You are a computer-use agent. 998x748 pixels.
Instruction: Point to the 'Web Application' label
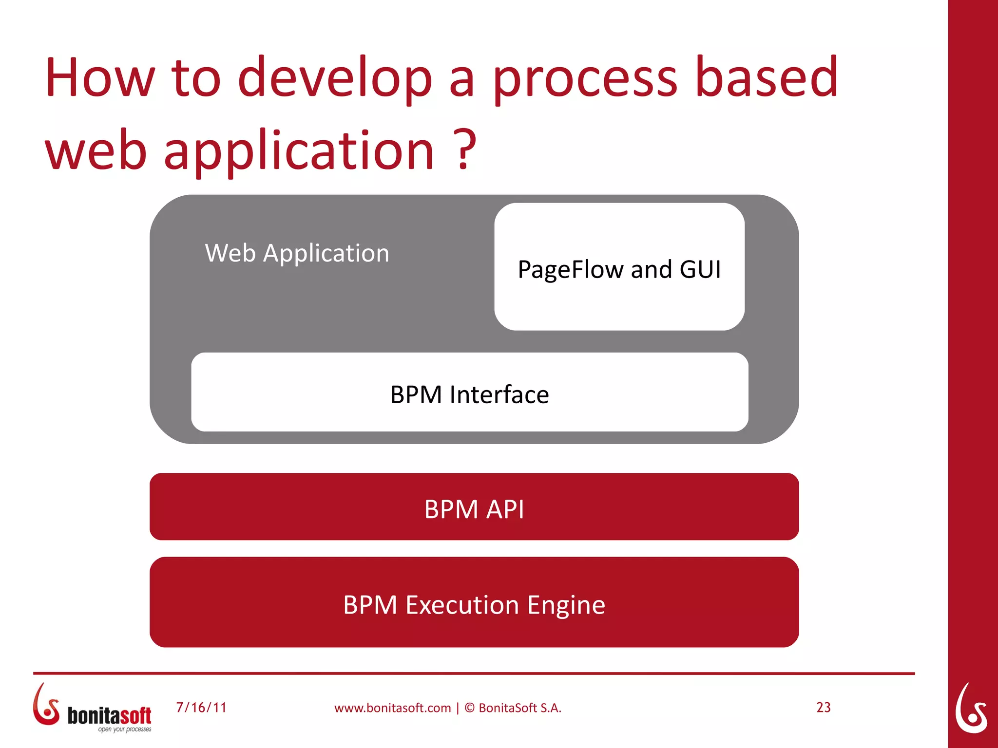(x=297, y=253)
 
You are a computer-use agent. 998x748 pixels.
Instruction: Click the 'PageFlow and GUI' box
(x=619, y=267)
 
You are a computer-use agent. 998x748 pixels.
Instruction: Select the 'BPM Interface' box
(x=469, y=393)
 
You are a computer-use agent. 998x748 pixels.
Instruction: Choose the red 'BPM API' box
(x=474, y=507)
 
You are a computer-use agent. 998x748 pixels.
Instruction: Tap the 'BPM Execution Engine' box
(x=474, y=602)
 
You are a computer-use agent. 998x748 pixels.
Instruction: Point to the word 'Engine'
(x=566, y=605)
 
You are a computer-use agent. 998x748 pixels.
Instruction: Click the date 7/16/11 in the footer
(x=201, y=707)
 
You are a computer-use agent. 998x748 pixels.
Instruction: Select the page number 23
(x=823, y=707)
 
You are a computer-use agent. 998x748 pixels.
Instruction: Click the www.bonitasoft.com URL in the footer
(x=392, y=708)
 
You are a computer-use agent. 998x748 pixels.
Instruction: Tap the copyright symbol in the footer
(x=469, y=708)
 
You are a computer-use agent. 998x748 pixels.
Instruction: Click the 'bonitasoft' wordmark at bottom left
(x=109, y=715)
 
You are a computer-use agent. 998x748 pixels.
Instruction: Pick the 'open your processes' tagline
(x=124, y=729)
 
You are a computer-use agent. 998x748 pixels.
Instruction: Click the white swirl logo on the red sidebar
(x=971, y=709)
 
